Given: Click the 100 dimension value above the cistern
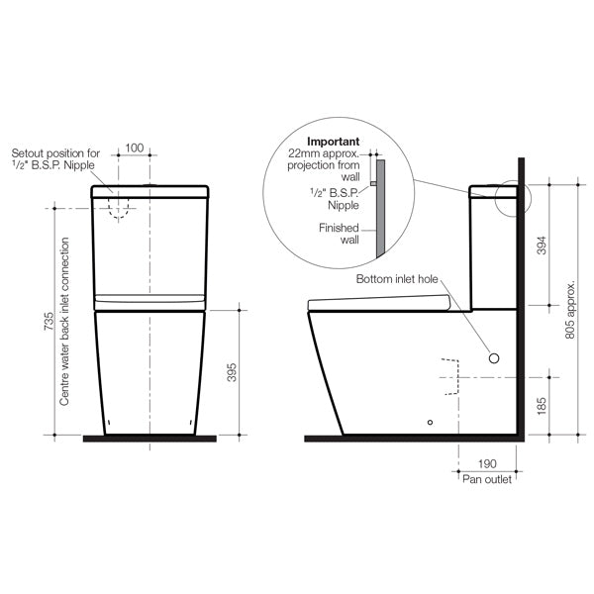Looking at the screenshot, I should (x=135, y=148).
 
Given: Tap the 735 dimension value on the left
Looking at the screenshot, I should (x=37, y=324).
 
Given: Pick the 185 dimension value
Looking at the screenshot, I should (x=541, y=406).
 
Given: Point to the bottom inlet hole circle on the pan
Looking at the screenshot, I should (x=495, y=356).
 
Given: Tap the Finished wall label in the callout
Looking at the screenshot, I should (x=337, y=233).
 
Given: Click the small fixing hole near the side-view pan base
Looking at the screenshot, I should (x=430, y=423).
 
